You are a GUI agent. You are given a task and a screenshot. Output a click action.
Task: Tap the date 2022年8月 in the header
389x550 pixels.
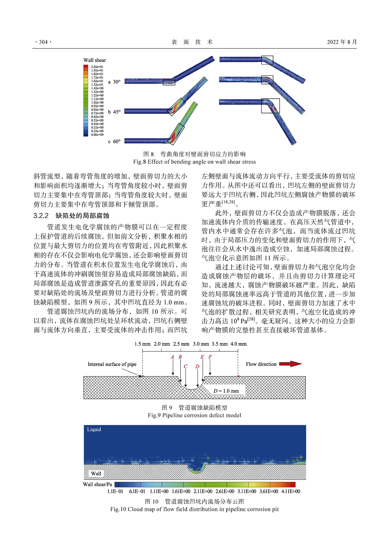[x=342, y=42]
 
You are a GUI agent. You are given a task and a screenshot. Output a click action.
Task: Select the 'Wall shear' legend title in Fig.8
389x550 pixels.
[x=95, y=60]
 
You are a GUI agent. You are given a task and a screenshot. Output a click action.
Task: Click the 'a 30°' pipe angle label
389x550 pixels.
[x=114, y=82]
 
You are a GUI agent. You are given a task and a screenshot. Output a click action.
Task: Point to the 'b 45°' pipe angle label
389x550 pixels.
[x=114, y=112]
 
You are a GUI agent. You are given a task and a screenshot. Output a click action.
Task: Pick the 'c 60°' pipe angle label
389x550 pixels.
[x=114, y=141]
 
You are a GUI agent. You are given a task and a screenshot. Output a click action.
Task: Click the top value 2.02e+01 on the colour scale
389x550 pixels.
[x=97, y=67]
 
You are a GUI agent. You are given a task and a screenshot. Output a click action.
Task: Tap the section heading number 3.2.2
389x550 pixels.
[x=41, y=216]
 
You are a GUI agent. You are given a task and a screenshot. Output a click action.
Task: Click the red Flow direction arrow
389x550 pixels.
[x=290, y=364]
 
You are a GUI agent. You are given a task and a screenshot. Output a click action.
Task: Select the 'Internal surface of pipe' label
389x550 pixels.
[x=112, y=364]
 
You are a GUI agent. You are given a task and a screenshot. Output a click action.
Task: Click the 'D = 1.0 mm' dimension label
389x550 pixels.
[x=226, y=391]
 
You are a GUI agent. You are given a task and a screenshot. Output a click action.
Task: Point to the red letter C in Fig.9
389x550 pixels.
[x=185, y=366]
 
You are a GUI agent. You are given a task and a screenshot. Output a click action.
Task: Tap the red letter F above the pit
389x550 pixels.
[x=210, y=357]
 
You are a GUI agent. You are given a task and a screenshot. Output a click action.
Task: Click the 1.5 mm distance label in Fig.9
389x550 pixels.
[x=142, y=344]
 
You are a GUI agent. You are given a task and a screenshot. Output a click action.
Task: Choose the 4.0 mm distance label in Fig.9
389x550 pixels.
[x=239, y=344]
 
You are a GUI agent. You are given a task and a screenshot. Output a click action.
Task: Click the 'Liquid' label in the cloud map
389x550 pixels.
[x=94, y=429]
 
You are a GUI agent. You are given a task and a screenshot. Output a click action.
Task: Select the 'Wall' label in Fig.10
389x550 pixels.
[x=96, y=473]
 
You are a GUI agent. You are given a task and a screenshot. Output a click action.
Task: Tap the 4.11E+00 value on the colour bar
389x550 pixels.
[x=291, y=491]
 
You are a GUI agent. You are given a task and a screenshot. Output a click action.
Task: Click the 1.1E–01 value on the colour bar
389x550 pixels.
[x=115, y=491]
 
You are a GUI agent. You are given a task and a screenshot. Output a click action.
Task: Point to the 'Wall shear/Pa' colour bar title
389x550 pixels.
[x=97, y=484]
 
